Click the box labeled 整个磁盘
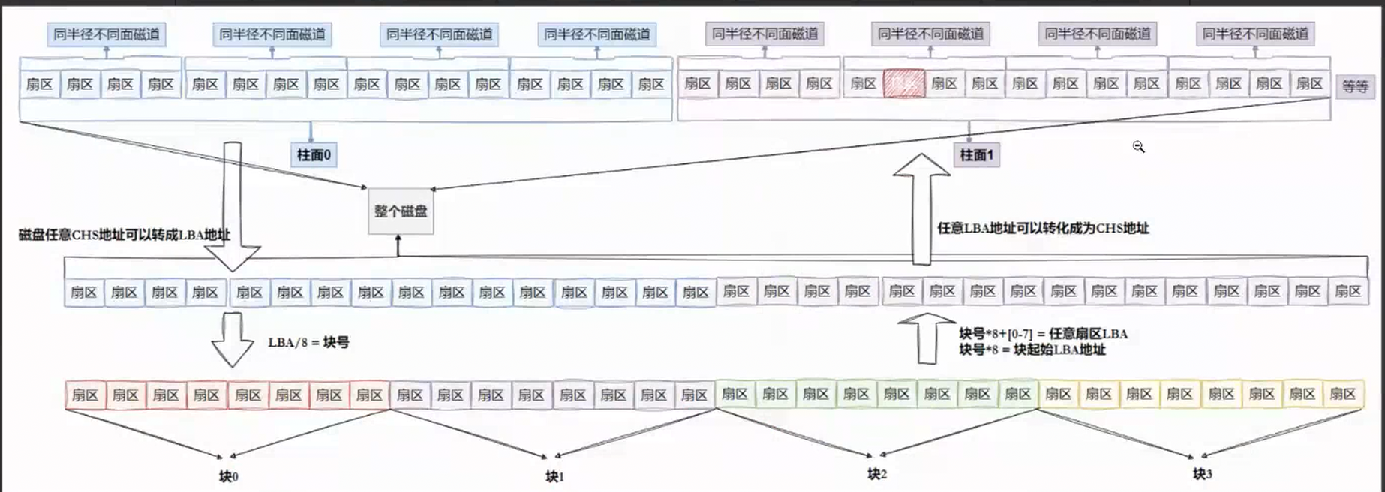pyautogui.click(x=401, y=211)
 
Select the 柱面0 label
pyautogui.click(x=314, y=155)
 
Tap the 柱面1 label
pyautogui.click(x=976, y=155)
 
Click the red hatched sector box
pyautogui.click(x=903, y=84)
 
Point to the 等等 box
pyautogui.click(x=1354, y=86)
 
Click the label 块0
pyautogui.click(x=228, y=476)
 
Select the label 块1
pyautogui.click(x=554, y=476)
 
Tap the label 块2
pyautogui.click(x=876, y=474)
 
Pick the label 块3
pyautogui.click(x=1202, y=474)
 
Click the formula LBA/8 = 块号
pyautogui.click(x=308, y=342)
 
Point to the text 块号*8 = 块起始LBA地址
pyautogui.click(x=1032, y=349)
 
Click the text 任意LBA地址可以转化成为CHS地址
pyautogui.click(x=1043, y=228)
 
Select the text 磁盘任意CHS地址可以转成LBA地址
pyautogui.click(x=125, y=235)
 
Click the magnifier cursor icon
pyautogui.click(x=1138, y=147)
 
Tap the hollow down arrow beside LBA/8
pyautogui.click(x=232, y=340)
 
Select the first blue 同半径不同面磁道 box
pyautogui.click(x=107, y=34)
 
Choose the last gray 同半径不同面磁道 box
pyautogui.click(x=1255, y=34)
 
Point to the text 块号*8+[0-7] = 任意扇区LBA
pyautogui.click(x=1043, y=334)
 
